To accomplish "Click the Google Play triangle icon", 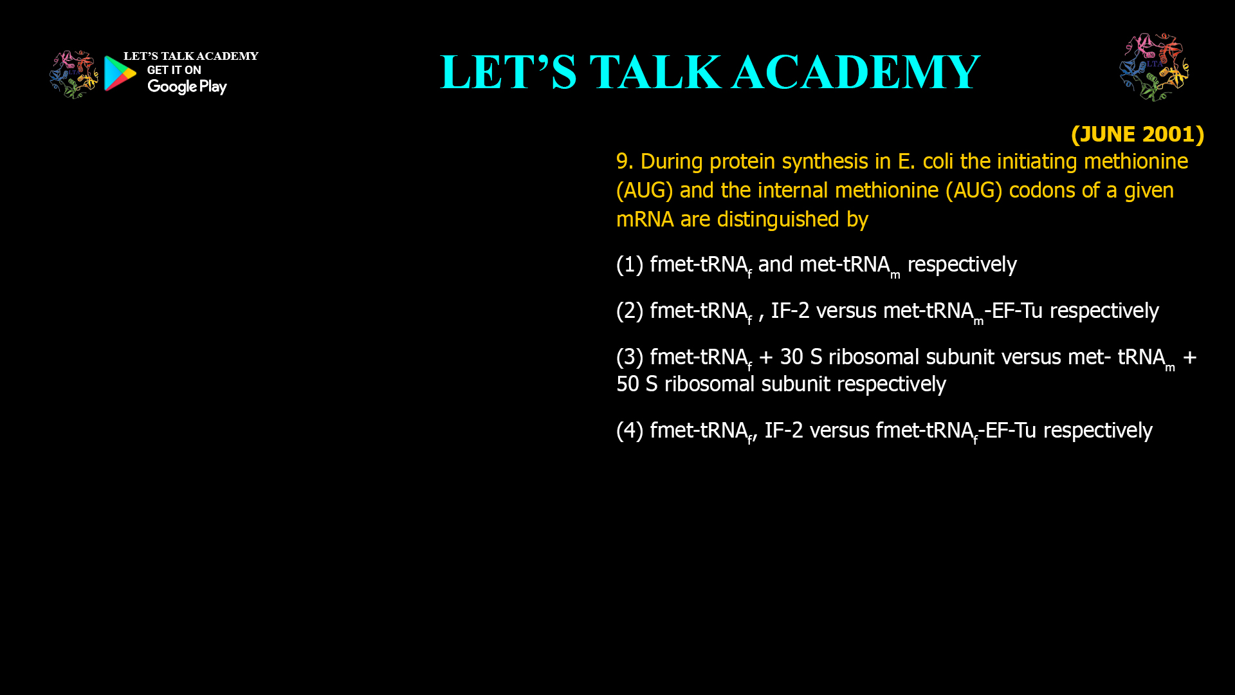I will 120,73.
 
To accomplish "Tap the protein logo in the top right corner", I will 1154,67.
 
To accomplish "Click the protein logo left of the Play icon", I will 73,75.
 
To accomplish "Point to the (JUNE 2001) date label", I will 1137,134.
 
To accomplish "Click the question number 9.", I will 624,161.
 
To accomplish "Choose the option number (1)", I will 630,264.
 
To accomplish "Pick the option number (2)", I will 630,310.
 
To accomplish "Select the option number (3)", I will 630,357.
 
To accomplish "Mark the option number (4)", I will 630,430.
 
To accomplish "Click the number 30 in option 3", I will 792,357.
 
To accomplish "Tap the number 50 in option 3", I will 628,384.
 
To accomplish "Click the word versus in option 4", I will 839,430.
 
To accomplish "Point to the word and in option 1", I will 775,264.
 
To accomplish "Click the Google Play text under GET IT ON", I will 187,86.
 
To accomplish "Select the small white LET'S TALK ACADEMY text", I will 190,56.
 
